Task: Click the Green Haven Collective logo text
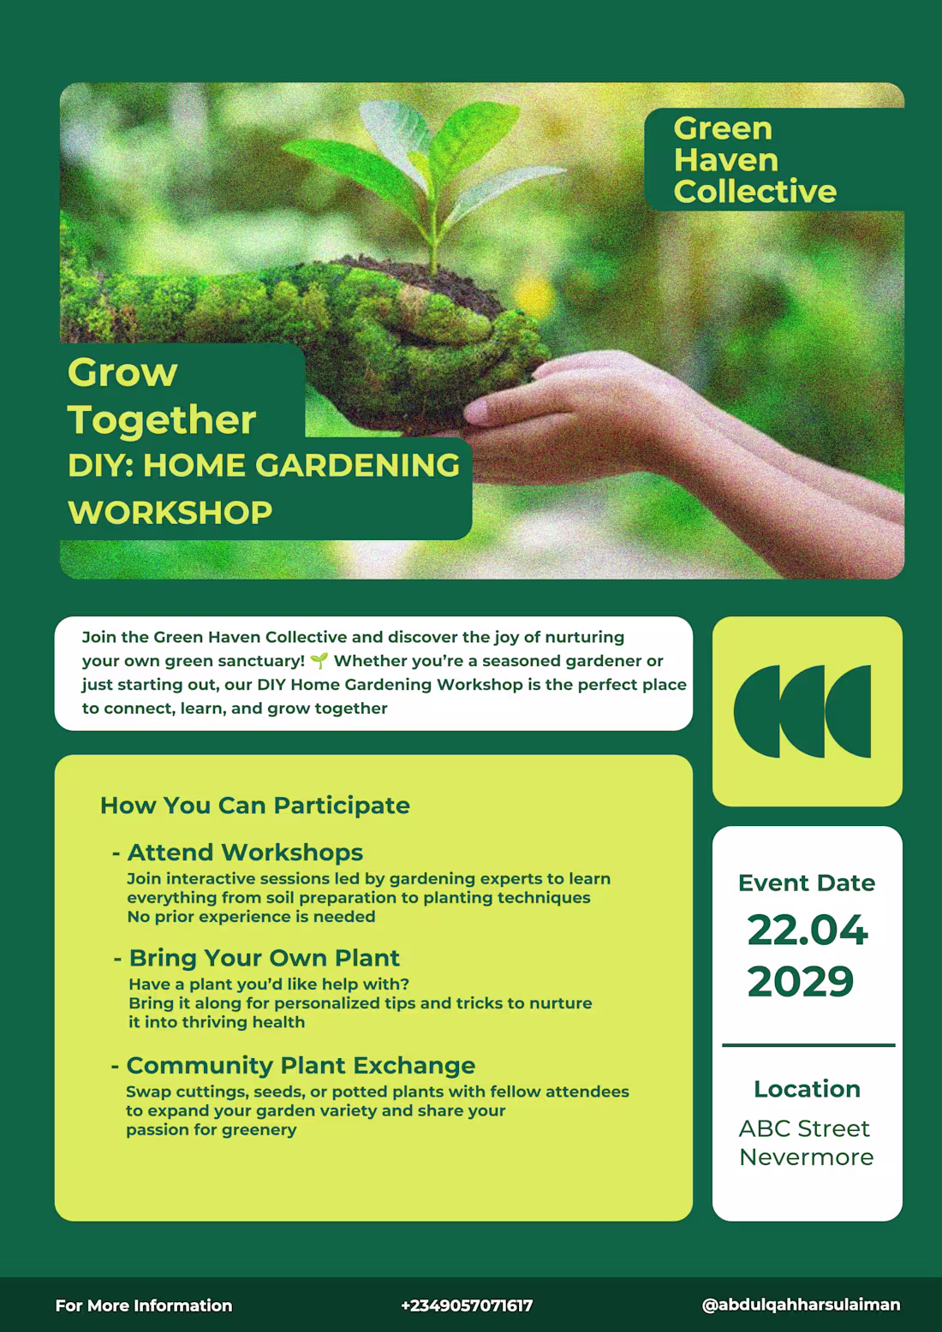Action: coord(754,160)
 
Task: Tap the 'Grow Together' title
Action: coord(161,396)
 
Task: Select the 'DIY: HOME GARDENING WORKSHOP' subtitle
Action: coord(263,488)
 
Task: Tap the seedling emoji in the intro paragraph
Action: coord(319,661)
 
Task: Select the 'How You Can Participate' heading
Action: coord(254,806)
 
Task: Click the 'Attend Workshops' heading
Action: coord(245,853)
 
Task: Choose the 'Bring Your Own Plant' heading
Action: coord(264,958)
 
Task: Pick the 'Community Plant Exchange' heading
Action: coord(300,1065)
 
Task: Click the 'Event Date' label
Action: coord(806,883)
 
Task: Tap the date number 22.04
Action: coord(807,931)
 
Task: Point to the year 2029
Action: coord(801,982)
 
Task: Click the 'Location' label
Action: coord(807,1089)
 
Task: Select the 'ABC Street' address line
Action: coord(804,1128)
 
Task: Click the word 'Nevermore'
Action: coord(806,1157)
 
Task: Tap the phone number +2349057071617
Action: coord(467,1305)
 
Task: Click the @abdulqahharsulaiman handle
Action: coord(801,1305)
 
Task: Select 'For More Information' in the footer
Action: coord(144,1305)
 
